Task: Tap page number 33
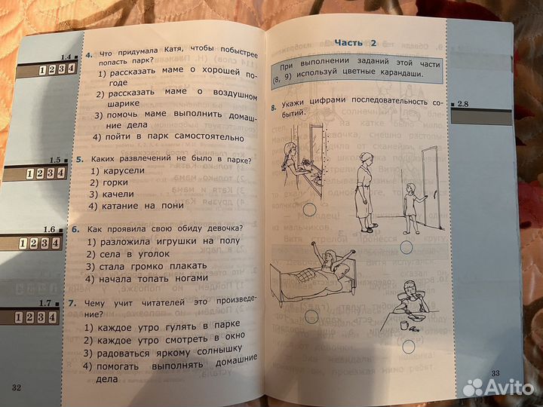tap(495, 374)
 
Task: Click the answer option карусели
tap(120, 171)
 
